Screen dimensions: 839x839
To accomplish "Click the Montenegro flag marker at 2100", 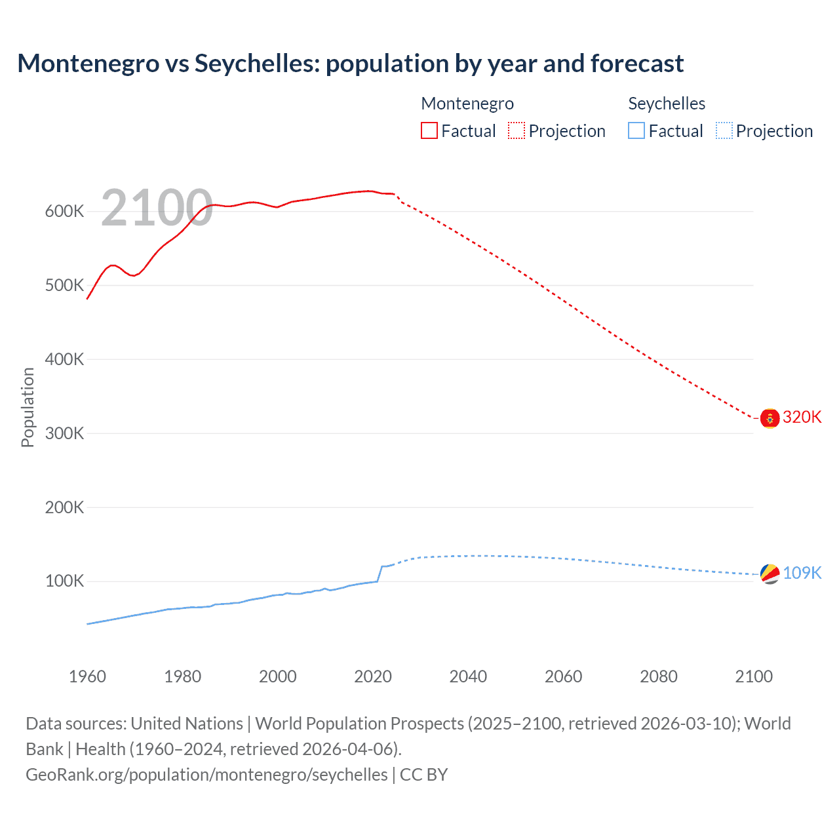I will [770, 418].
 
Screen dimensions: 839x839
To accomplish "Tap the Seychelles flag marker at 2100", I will [770, 574].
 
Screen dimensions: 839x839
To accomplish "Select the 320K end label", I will [802, 418].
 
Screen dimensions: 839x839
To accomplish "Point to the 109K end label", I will [802, 573].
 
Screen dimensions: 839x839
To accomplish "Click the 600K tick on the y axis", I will [64, 212].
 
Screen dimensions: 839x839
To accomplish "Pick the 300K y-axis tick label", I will [64, 433].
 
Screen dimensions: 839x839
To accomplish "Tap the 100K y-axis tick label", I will [64, 581].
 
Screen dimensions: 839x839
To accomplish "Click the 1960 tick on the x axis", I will [87, 676].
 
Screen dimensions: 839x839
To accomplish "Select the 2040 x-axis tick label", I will [468, 676].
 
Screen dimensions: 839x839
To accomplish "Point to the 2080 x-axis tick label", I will [658, 676].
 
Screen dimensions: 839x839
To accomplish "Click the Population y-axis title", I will [28, 407].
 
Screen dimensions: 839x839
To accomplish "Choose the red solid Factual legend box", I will [429, 131].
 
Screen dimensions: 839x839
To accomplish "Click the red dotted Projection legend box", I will [517, 131].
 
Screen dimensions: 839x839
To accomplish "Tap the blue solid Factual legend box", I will [636, 131].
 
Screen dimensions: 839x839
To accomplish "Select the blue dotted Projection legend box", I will [724, 131].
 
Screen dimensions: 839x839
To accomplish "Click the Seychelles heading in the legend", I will [667, 104].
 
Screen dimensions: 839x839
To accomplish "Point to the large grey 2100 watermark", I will [157, 208].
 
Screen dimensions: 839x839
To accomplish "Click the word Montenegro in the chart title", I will [88, 64].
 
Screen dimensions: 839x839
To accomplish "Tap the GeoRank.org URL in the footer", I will [206, 775].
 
